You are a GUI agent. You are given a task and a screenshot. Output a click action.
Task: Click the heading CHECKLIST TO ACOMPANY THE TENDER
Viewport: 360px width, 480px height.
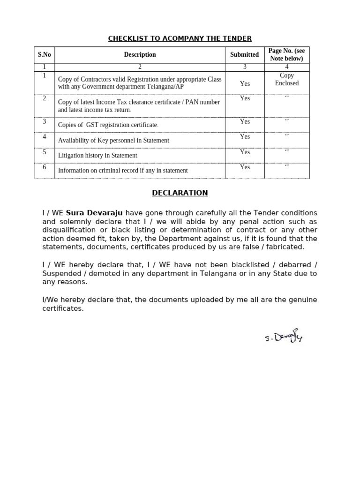click(180, 38)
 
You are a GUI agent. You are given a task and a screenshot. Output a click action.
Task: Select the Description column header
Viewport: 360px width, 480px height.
click(140, 55)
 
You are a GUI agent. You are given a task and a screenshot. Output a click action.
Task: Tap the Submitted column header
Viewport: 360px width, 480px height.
click(244, 55)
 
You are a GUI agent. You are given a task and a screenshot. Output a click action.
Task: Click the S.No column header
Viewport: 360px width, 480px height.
click(44, 55)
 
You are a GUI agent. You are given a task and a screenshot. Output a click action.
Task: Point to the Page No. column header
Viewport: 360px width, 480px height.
click(286, 55)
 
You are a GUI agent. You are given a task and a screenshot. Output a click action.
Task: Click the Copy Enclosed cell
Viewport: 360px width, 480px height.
click(286, 79)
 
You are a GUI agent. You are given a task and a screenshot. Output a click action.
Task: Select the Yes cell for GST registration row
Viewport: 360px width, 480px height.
click(245, 121)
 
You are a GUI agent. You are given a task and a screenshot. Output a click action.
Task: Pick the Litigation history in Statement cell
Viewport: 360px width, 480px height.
click(97, 156)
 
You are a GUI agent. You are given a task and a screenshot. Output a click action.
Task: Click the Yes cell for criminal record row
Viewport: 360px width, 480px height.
click(245, 167)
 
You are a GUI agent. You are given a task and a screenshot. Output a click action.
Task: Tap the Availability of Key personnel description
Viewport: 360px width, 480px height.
click(113, 141)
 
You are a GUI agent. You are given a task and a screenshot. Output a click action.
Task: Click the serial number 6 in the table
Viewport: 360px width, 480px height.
click(45, 167)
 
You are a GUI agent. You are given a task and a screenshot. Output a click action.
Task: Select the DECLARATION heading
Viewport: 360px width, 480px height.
click(180, 193)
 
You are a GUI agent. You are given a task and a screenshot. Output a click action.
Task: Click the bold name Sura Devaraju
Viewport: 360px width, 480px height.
click(94, 213)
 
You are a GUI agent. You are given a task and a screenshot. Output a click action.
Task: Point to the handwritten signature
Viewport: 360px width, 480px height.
click(283, 336)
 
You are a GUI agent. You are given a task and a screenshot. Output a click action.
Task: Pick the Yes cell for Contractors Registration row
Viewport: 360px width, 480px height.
click(245, 83)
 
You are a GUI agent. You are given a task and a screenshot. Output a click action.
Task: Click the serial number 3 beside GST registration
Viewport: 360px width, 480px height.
click(45, 121)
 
